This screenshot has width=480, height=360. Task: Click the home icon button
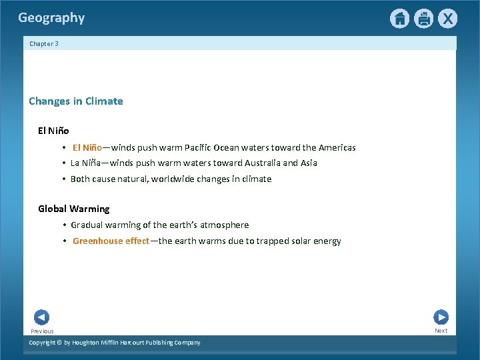[x=399, y=19]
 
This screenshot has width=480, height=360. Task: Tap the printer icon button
[x=423, y=19]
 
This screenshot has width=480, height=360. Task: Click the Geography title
[x=51, y=18]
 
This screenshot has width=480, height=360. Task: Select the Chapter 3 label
[x=44, y=44]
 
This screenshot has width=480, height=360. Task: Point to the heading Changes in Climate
[x=76, y=101]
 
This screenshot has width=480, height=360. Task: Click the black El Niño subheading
[x=53, y=131]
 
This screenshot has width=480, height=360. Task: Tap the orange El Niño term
[x=87, y=148]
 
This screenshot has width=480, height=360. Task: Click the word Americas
[x=337, y=148]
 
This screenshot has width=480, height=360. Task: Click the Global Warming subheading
[x=73, y=209]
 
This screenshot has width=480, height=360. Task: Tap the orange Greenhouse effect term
[x=111, y=241]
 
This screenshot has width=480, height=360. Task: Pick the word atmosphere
[x=224, y=225]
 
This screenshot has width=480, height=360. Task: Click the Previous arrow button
[x=41, y=318]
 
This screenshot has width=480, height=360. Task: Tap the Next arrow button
[x=441, y=317]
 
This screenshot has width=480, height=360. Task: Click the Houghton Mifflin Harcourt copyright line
[x=115, y=343]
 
